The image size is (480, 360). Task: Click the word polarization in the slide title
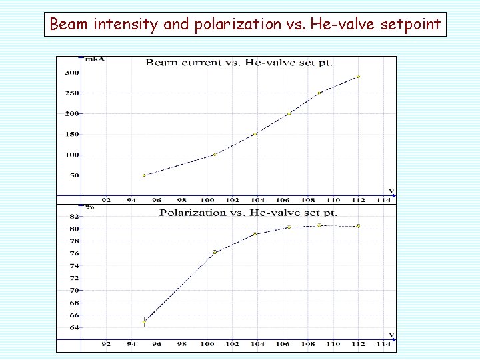tap(237, 24)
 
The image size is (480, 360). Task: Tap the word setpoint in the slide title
tap(410, 24)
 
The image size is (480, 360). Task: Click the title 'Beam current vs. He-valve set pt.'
tap(239, 63)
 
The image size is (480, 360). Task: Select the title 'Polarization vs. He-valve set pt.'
tap(248, 213)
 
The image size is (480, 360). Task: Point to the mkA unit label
tap(95, 59)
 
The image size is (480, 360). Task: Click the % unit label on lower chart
tap(90, 207)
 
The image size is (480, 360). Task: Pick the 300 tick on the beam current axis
tap(72, 73)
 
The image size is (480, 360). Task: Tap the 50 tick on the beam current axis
tap(75, 175)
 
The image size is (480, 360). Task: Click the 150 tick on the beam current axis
tap(72, 134)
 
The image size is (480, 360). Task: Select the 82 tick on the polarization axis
tap(75, 217)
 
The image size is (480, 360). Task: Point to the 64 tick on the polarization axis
tap(75, 327)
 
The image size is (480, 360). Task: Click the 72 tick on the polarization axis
tap(75, 278)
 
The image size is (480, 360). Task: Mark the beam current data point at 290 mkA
tap(358, 77)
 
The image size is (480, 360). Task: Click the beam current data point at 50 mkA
tap(144, 175)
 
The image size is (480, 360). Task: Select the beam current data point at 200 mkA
tap(289, 113)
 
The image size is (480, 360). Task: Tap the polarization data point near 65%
tap(144, 322)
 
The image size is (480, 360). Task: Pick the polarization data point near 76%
tap(215, 253)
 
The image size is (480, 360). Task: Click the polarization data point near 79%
tap(255, 234)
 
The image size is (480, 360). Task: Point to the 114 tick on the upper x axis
tap(383, 200)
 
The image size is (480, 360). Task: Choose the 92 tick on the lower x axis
tap(106, 344)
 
